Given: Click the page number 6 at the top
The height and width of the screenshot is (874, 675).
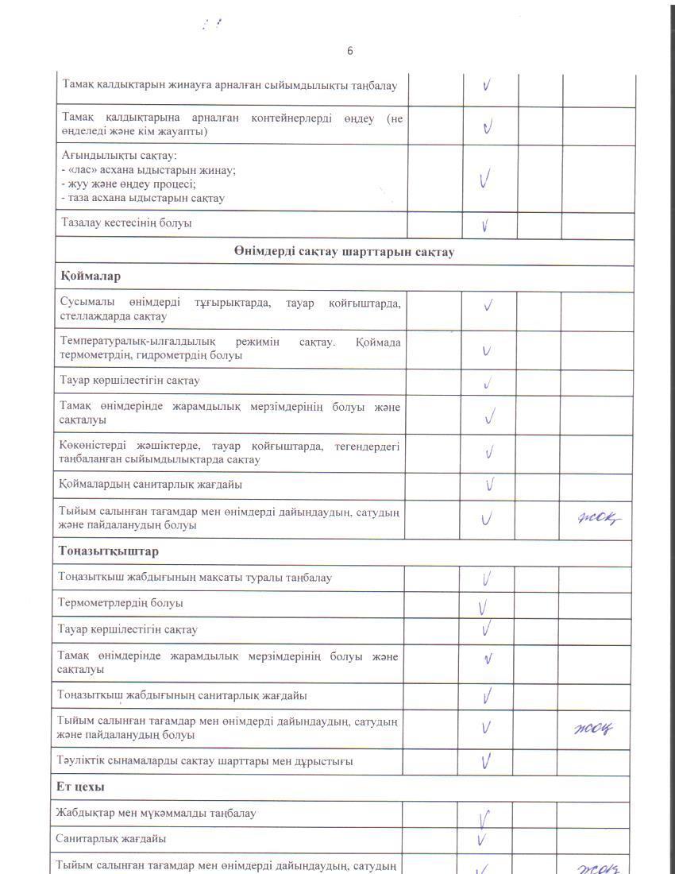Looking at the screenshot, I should (x=350, y=51).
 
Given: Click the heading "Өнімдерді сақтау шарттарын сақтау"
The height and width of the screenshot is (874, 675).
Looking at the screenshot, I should (x=344, y=252).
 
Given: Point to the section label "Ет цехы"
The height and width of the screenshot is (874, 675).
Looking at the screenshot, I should (x=81, y=786).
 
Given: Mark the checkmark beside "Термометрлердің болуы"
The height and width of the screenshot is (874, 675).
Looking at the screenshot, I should (x=483, y=608).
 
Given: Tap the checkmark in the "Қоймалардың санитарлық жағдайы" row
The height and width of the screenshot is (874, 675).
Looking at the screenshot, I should (x=490, y=484).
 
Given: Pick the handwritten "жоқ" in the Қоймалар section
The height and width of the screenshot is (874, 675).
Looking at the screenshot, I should (x=597, y=518).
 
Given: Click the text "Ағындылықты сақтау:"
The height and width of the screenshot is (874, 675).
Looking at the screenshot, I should (x=119, y=156).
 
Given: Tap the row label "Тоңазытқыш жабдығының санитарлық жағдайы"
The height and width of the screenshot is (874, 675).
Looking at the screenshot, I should (x=183, y=695).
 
